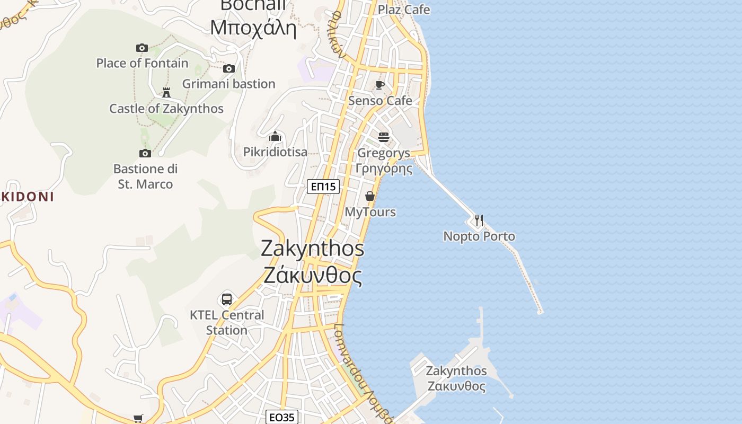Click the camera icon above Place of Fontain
[142, 48]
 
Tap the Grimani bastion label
[228, 84]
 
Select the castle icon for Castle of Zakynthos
[166, 93]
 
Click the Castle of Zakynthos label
[166, 109]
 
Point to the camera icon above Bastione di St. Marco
[145, 154]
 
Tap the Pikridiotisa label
[275, 152]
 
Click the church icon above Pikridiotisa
[275, 136]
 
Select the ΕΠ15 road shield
[323, 187]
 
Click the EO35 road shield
[281, 417]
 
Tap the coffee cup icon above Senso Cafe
[380, 85]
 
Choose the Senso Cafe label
[380, 101]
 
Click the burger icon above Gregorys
[384, 137]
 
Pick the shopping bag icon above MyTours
[370, 196]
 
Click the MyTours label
[370, 212]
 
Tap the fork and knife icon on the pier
[479, 220]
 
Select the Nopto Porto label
[479, 236]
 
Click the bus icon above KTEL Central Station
[227, 299]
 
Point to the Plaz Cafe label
[403, 10]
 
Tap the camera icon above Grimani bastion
[229, 68]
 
